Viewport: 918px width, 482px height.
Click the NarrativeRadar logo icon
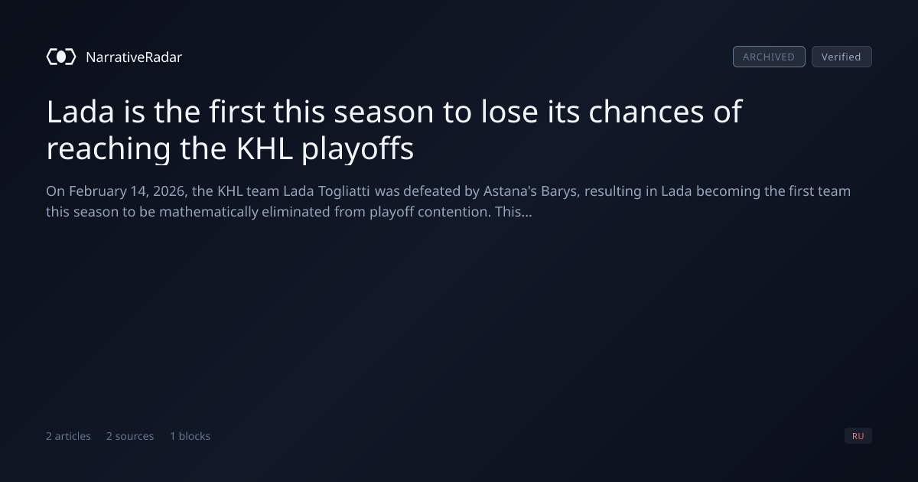point(61,57)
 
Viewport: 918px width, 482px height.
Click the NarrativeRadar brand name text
point(134,57)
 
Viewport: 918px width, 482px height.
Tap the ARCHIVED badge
point(769,57)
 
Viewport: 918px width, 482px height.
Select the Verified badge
point(841,57)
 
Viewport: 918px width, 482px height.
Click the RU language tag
point(858,435)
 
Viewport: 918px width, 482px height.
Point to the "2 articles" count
point(68,436)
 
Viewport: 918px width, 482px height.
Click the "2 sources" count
point(130,436)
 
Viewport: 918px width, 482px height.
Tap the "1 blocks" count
point(190,436)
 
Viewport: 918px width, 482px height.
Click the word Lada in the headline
point(80,112)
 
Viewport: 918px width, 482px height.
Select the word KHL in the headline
point(265,148)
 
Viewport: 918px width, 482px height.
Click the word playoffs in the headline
point(358,149)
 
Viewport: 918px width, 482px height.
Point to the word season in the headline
point(383,112)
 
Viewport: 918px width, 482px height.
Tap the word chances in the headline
point(646,112)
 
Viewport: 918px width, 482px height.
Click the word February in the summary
point(98,191)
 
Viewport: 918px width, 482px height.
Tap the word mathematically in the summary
point(209,212)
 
